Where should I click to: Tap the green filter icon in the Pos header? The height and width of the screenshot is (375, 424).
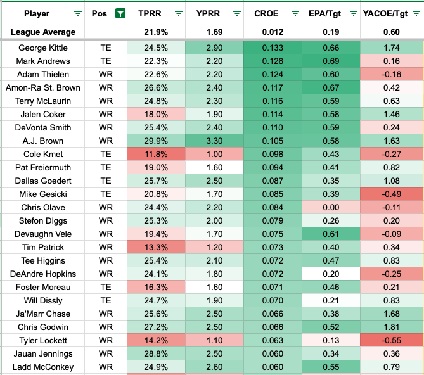click(x=119, y=13)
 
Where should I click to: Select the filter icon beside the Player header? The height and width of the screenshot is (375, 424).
click(x=77, y=13)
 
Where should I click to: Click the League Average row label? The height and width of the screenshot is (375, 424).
click(x=44, y=32)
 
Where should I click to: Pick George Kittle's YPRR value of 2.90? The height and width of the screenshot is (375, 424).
click(x=214, y=48)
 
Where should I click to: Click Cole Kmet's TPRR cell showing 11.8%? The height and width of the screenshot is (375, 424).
click(x=156, y=155)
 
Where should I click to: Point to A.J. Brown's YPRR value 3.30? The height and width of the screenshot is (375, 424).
click(x=214, y=141)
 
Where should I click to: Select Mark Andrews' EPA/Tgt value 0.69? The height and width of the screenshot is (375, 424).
click(x=331, y=61)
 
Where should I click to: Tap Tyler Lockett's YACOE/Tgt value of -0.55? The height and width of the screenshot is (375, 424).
click(x=391, y=341)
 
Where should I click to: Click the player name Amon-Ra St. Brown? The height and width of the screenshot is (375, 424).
click(x=43, y=88)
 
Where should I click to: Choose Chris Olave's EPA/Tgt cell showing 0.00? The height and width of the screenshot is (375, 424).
click(x=331, y=208)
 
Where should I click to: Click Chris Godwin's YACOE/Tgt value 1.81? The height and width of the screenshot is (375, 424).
click(x=391, y=327)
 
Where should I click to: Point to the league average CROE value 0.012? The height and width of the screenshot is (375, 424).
click(x=273, y=32)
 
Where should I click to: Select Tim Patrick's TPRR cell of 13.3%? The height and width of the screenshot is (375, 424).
click(x=156, y=248)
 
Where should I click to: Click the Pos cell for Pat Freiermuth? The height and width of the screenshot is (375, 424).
click(x=105, y=168)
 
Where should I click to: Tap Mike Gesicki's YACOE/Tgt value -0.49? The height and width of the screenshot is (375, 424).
click(x=391, y=194)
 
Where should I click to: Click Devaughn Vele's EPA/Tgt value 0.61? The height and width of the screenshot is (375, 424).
click(x=331, y=234)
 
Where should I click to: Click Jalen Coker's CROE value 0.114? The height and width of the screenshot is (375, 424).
click(x=273, y=115)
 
